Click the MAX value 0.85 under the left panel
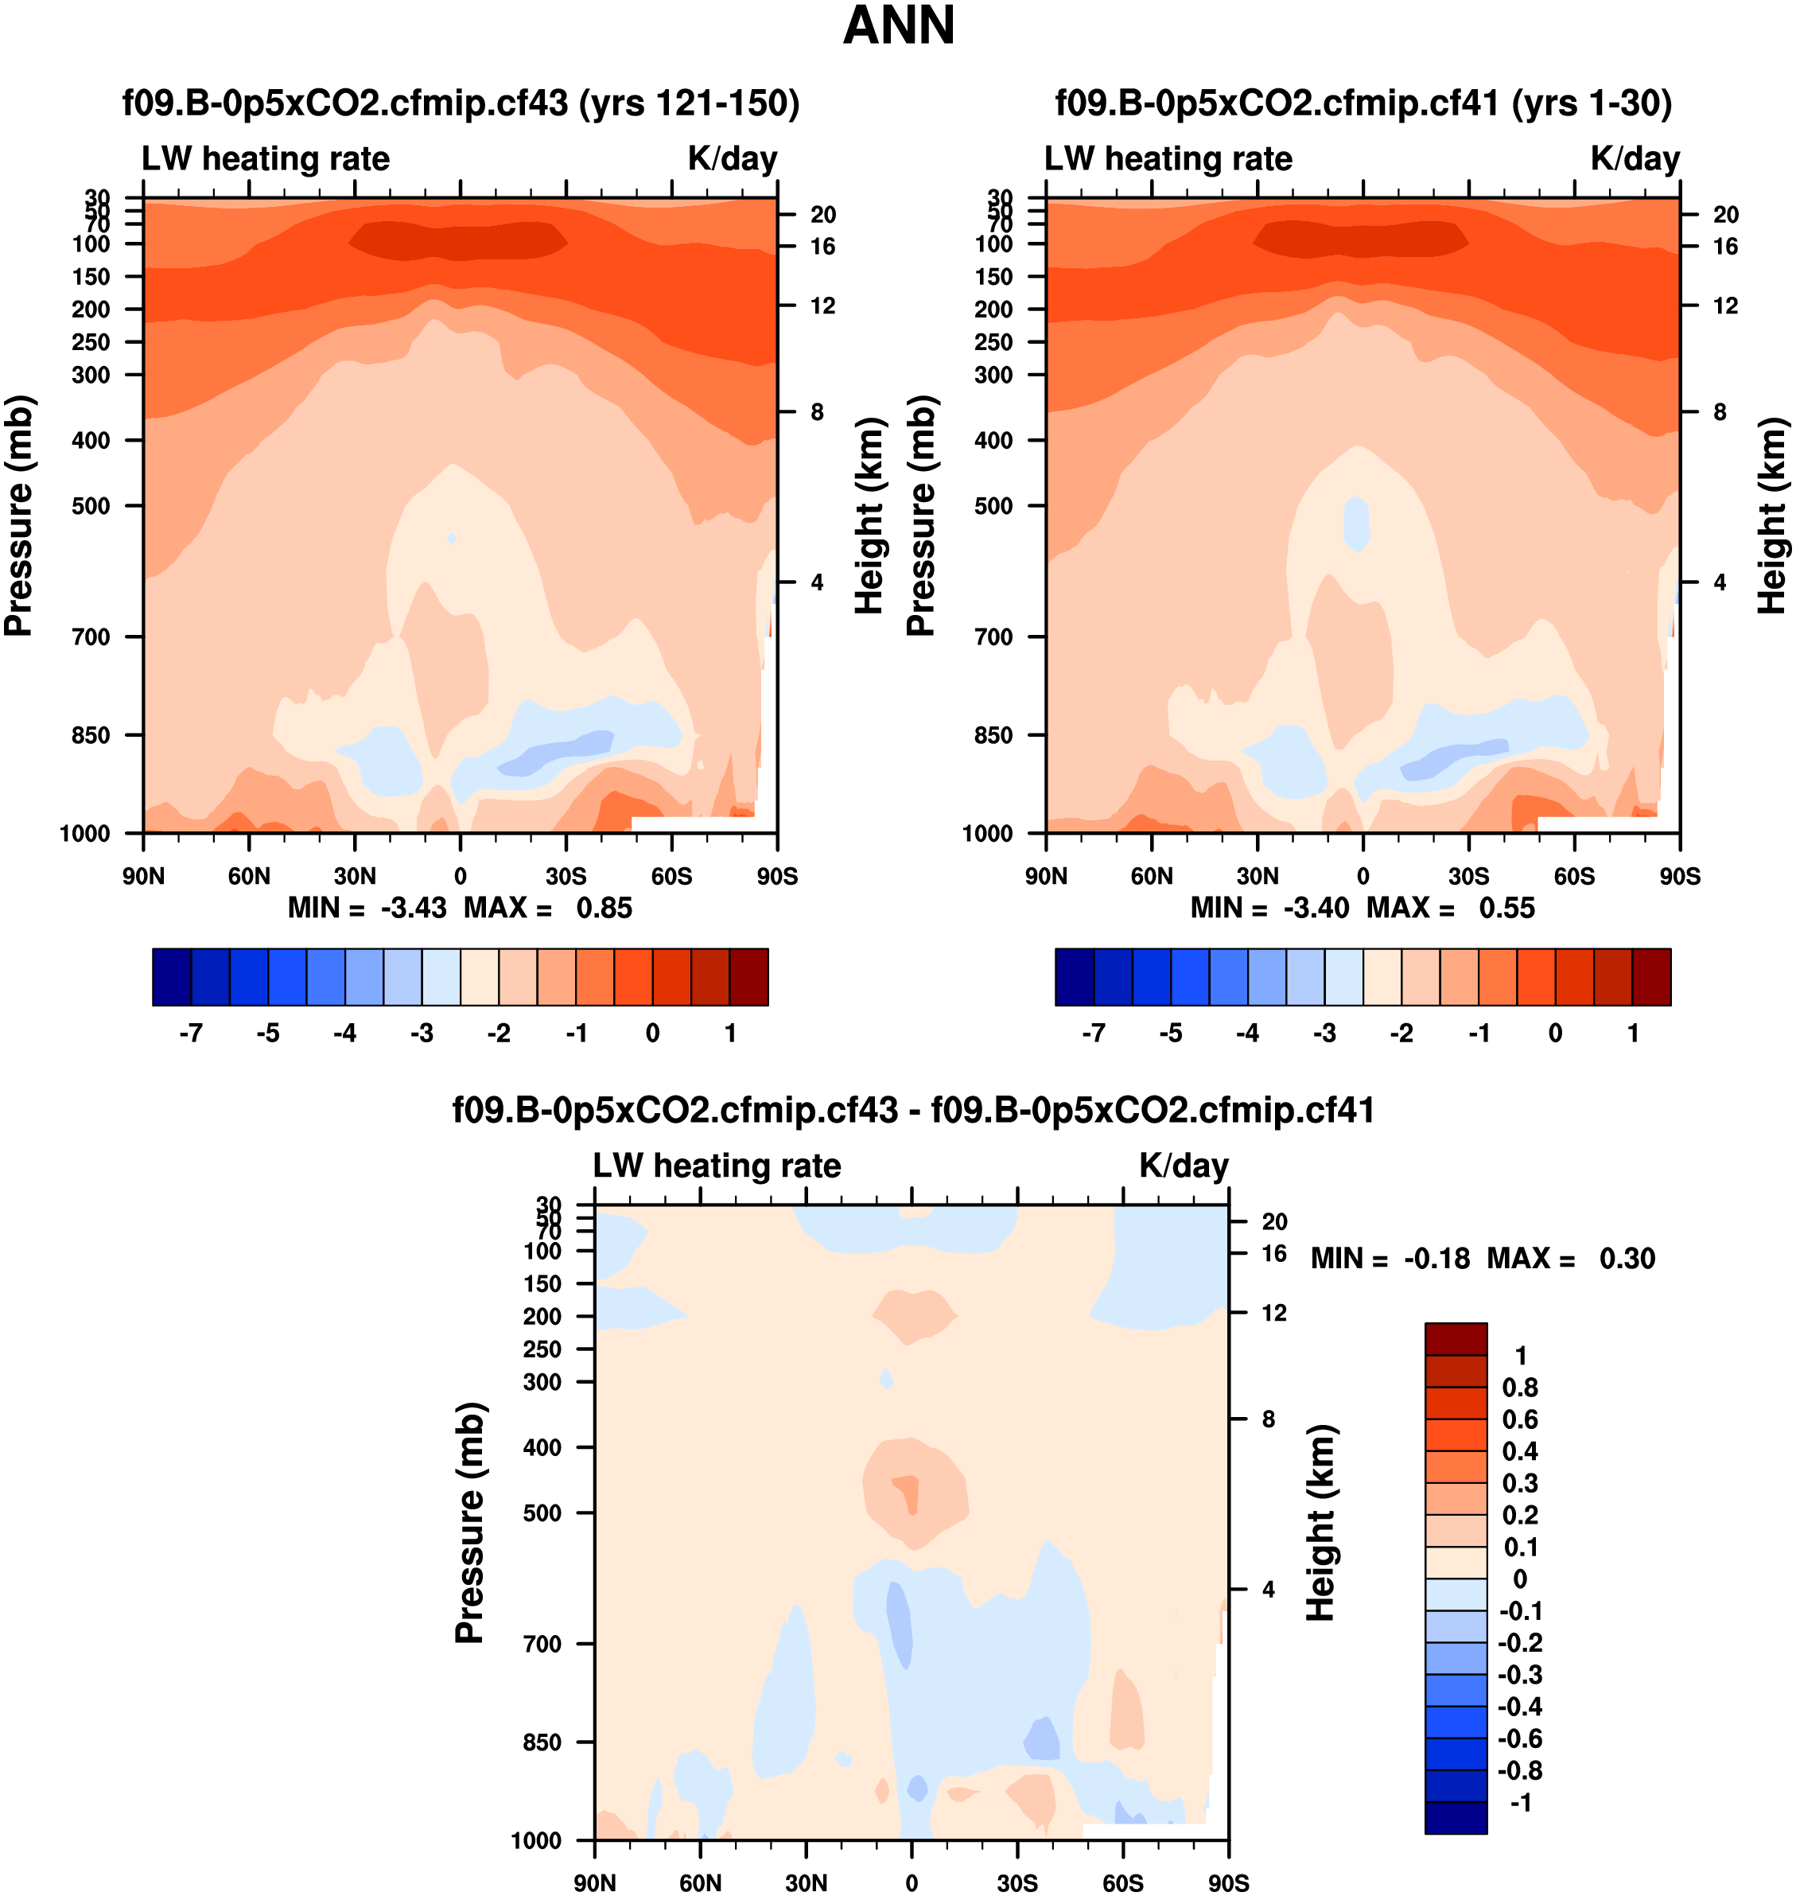(x=603, y=908)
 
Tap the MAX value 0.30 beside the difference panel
(x=1627, y=1258)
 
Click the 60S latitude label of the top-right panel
(x=1574, y=876)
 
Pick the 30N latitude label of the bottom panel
(x=806, y=1882)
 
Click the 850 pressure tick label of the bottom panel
(x=542, y=1742)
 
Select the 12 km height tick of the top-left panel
(x=822, y=306)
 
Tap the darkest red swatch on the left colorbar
(x=748, y=977)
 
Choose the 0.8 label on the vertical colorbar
(x=1519, y=1388)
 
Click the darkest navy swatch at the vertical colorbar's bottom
(x=1456, y=1817)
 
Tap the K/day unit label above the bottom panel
(x=1184, y=1166)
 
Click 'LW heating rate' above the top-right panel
(x=1168, y=159)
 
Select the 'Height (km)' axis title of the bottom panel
(x=1320, y=1523)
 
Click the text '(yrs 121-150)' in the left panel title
(x=690, y=103)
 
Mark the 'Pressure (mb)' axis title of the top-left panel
(x=19, y=516)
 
